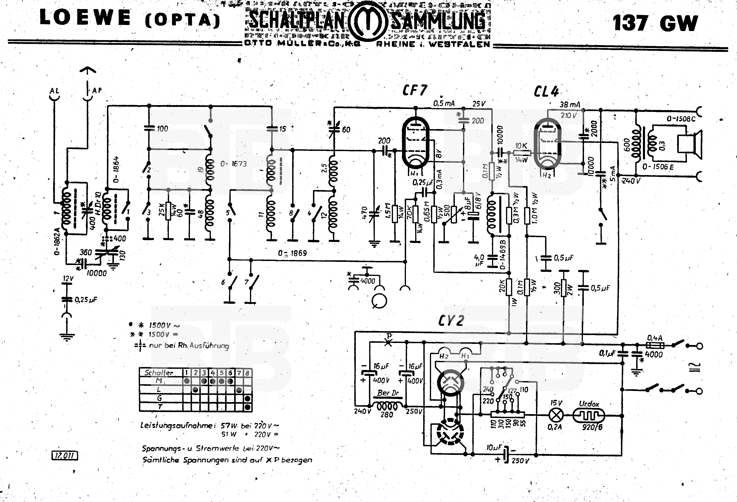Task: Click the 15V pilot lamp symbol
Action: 556,415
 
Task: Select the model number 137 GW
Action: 655,23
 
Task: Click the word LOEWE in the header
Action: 85,18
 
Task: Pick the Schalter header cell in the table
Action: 159,373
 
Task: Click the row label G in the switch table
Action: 160,398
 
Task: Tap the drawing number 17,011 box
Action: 65,456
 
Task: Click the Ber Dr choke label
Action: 388,393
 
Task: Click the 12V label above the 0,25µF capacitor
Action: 68,279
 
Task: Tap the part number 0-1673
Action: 234,164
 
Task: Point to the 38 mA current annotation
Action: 570,104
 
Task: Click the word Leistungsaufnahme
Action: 176,425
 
